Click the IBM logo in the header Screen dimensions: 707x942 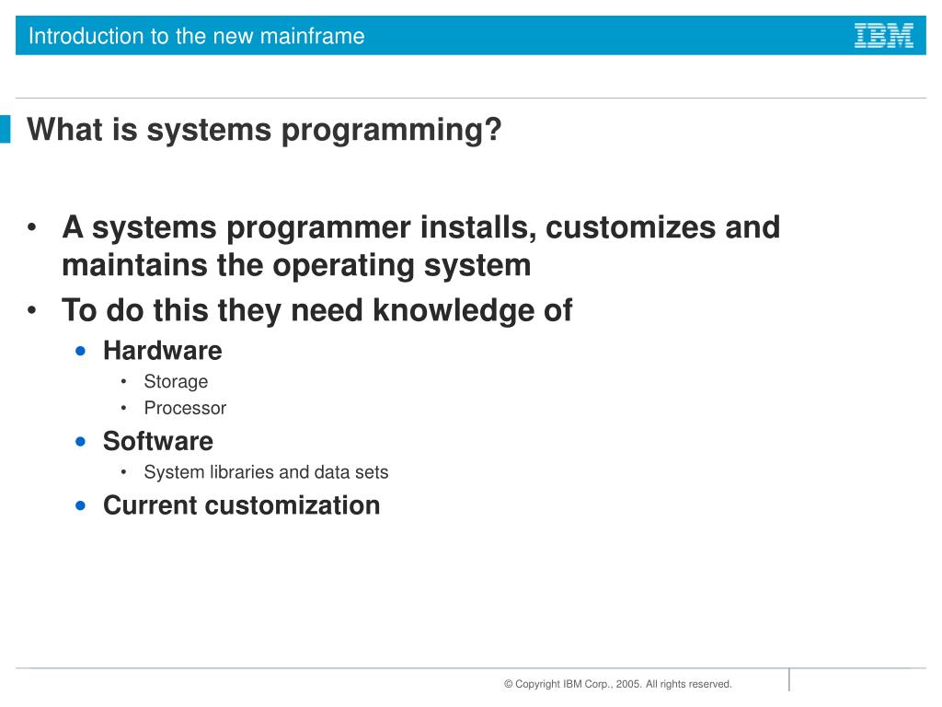click(x=883, y=36)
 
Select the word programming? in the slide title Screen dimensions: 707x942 click(x=392, y=130)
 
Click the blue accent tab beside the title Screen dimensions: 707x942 click(x=6, y=129)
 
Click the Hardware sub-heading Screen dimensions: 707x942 click(x=162, y=351)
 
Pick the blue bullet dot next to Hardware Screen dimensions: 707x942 click(x=82, y=351)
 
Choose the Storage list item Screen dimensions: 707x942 click(x=176, y=381)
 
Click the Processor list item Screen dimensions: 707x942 click(x=185, y=408)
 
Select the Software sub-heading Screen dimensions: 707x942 click(x=157, y=441)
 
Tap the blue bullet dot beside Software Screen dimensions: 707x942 click(x=82, y=441)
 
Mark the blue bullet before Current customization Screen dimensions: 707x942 click(x=82, y=505)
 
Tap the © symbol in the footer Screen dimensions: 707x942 click(x=508, y=684)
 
